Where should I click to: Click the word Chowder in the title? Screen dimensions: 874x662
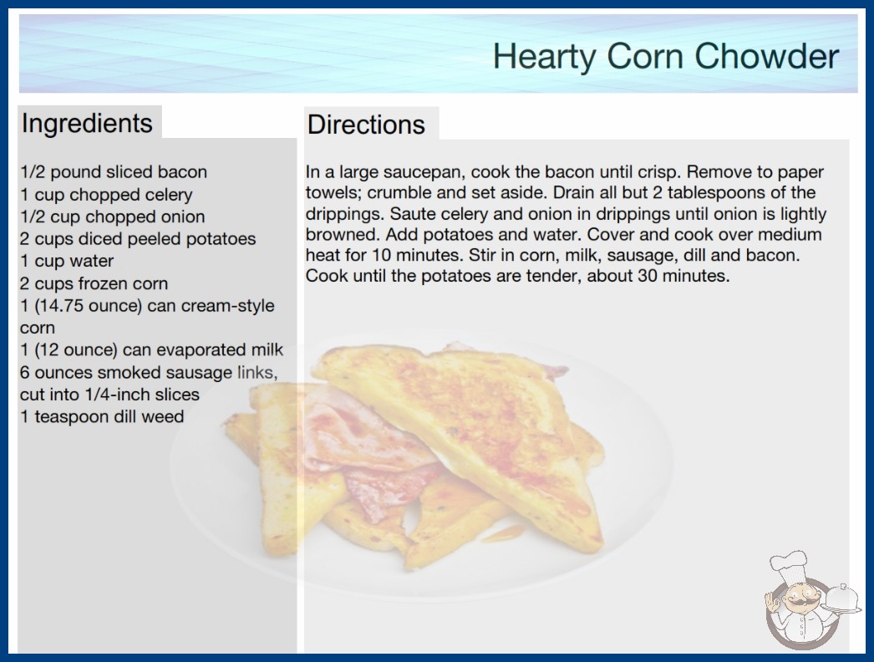click(x=766, y=56)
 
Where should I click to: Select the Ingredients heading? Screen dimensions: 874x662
click(x=87, y=124)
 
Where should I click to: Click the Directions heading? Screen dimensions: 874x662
click(x=366, y=125)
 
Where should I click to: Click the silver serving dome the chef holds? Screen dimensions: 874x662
click(x=841, y=599)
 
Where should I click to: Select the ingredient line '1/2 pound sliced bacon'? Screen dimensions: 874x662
click(x=114, y=172)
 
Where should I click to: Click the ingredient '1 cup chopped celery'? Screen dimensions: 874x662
click(x=106, y=195)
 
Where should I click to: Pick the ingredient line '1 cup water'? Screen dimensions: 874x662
click(x=67, y=261)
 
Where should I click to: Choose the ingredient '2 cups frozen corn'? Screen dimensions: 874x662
click(x=94, y=283)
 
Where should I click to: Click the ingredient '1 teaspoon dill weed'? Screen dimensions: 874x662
click(x=102, y=416)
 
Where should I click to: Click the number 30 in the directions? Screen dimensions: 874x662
click(x=648, y=276)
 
